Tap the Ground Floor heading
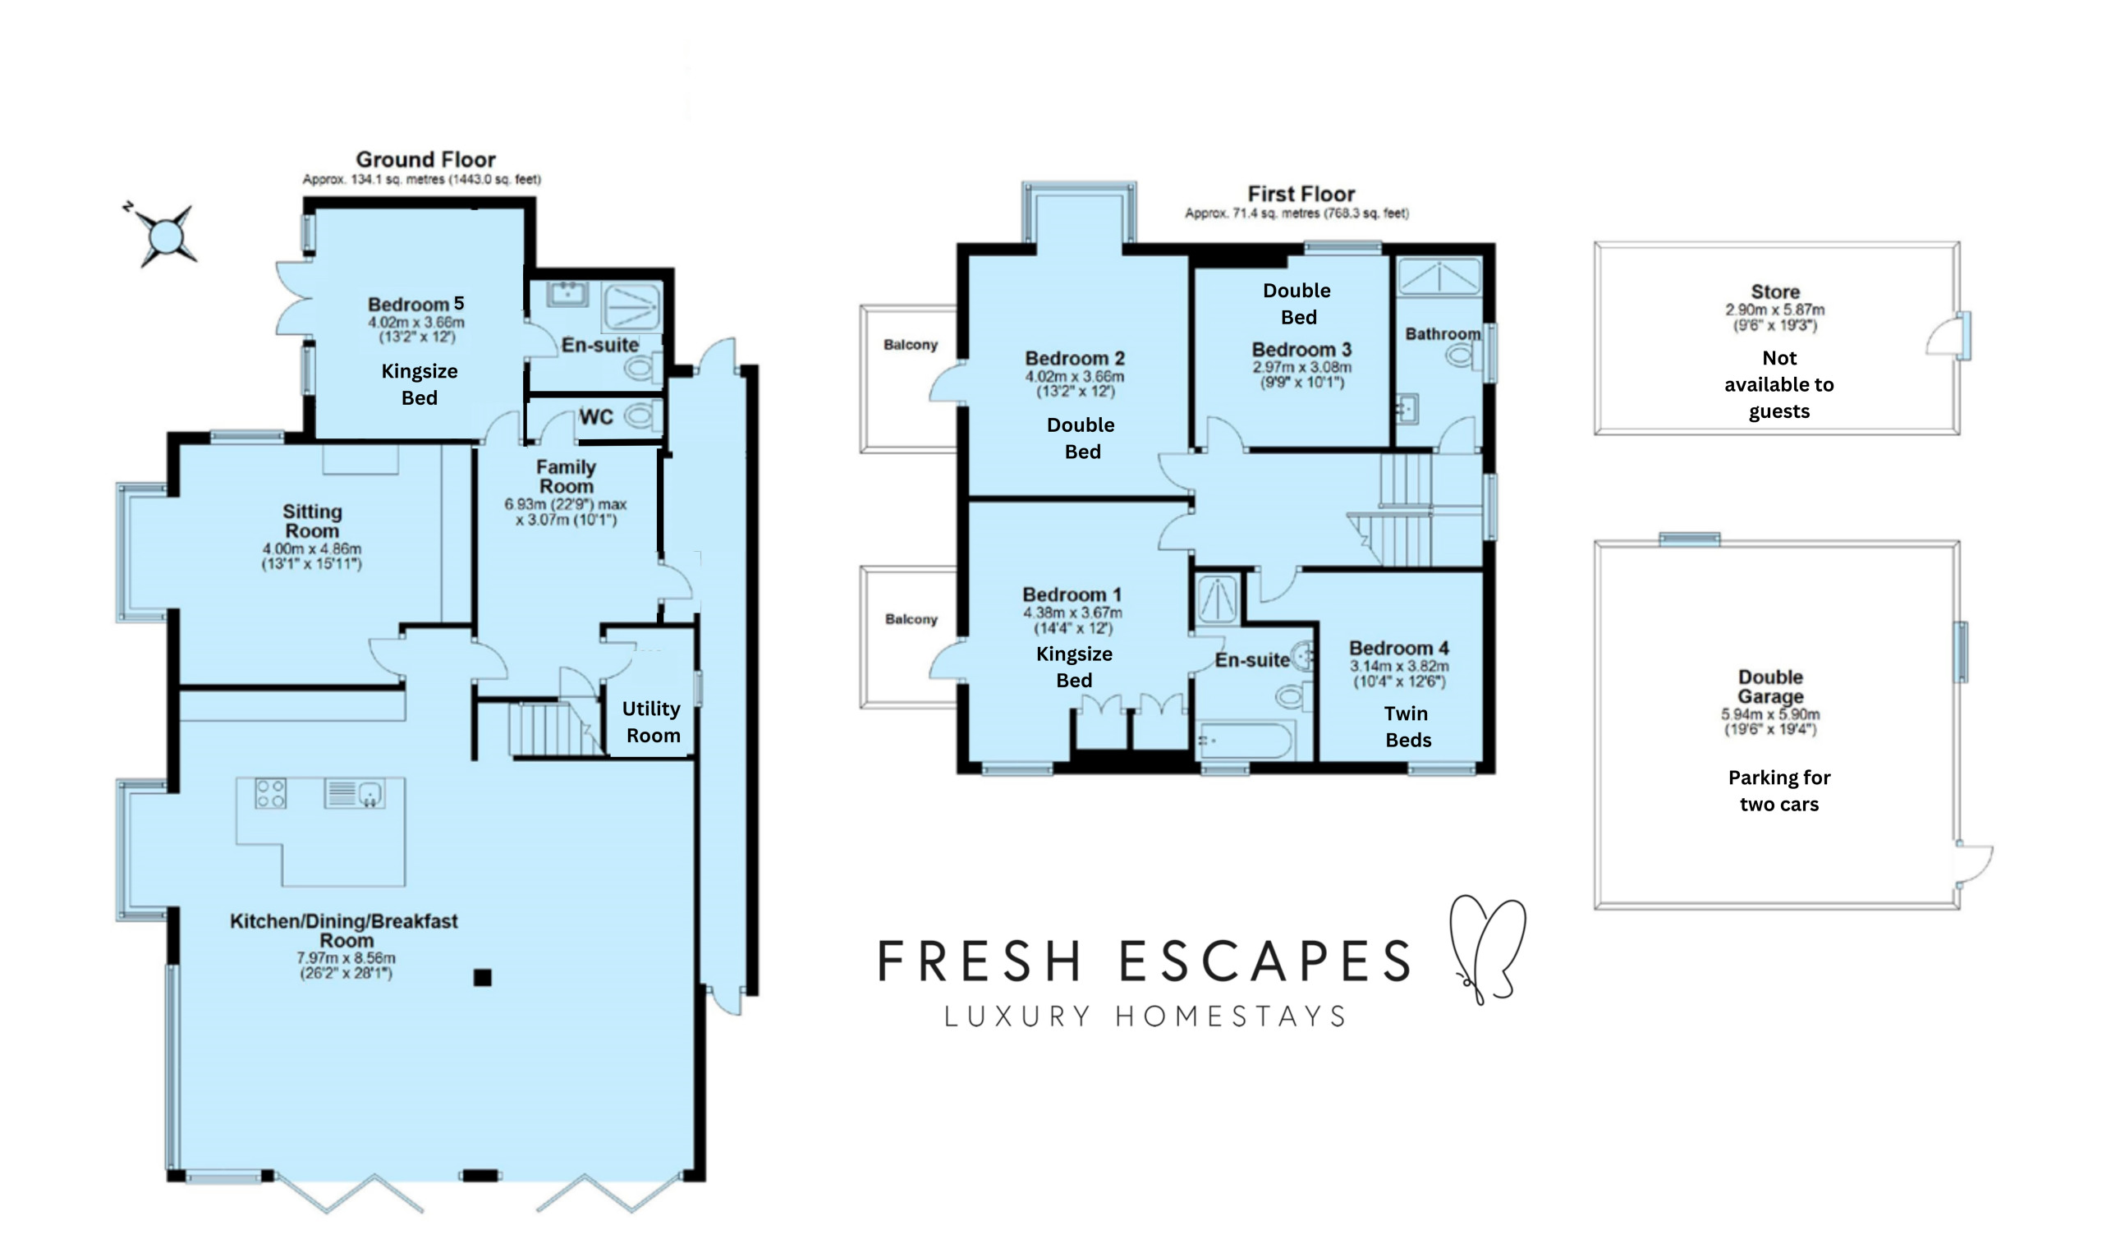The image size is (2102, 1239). (x=426, y=159)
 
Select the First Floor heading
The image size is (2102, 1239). (x=1301, y=194)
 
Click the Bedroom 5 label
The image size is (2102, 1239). (x=415, y=304)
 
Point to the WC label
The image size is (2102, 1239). (x=596, y=416)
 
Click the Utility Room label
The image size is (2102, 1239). (x=652, y=723)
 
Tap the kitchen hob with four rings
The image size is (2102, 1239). (x=270, y=793)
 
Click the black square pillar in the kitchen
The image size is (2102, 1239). (x=483, y=977)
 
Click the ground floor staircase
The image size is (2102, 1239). (x=556, y=729)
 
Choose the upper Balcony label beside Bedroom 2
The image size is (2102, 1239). (x=911, y=345)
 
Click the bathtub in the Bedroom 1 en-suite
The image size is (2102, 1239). (x=1245, y=741)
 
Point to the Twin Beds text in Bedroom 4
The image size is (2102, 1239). (x=1407, y=727)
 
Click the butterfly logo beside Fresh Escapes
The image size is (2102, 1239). (x=1488, y=949)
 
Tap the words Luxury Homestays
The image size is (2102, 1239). (x=1145, y=1016)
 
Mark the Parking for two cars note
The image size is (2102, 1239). (x=1779, y=791)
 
